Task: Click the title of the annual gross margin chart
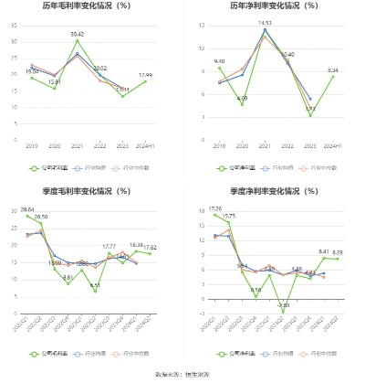click(x=89, y=6)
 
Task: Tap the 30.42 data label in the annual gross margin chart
click(x=78, y=34)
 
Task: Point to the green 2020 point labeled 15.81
click(x=55, y=88)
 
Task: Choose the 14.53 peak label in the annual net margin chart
click(x=265, y=23)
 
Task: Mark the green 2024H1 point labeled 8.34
click(x=333, y=77)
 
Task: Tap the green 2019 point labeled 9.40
click(x=219, y=68)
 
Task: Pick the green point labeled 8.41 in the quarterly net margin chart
click(x=324, y=258)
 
